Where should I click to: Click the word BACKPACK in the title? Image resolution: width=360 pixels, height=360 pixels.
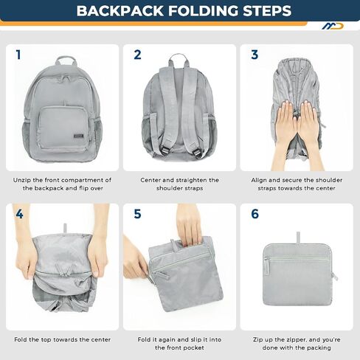[x=120, y=10]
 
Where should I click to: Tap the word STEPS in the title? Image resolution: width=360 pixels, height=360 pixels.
[x=267, y=10]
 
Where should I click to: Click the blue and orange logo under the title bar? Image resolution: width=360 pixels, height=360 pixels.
[x=333, y=26]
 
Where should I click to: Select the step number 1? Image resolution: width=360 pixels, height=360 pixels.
[x=18, y=55]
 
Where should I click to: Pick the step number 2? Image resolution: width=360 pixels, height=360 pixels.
[x=137, y=55]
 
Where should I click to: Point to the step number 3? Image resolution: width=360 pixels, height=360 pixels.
[x=255, y=55]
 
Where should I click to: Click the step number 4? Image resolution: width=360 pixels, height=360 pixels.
[x=19, y=214]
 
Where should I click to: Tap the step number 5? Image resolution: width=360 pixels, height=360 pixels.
[x=137, y=214]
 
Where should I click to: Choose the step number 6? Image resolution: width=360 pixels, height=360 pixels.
[x=255, y=214]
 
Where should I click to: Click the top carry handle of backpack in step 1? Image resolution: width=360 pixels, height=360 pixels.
[x=66, y=60]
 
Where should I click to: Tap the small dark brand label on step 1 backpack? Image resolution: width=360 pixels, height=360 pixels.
[x=78, y=136]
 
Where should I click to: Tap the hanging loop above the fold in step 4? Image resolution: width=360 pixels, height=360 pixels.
[x=65, y=228]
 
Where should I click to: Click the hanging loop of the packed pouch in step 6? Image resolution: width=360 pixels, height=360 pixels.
[x=298, y=238]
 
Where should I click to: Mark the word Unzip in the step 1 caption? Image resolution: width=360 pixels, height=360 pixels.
[x=21, y=180]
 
